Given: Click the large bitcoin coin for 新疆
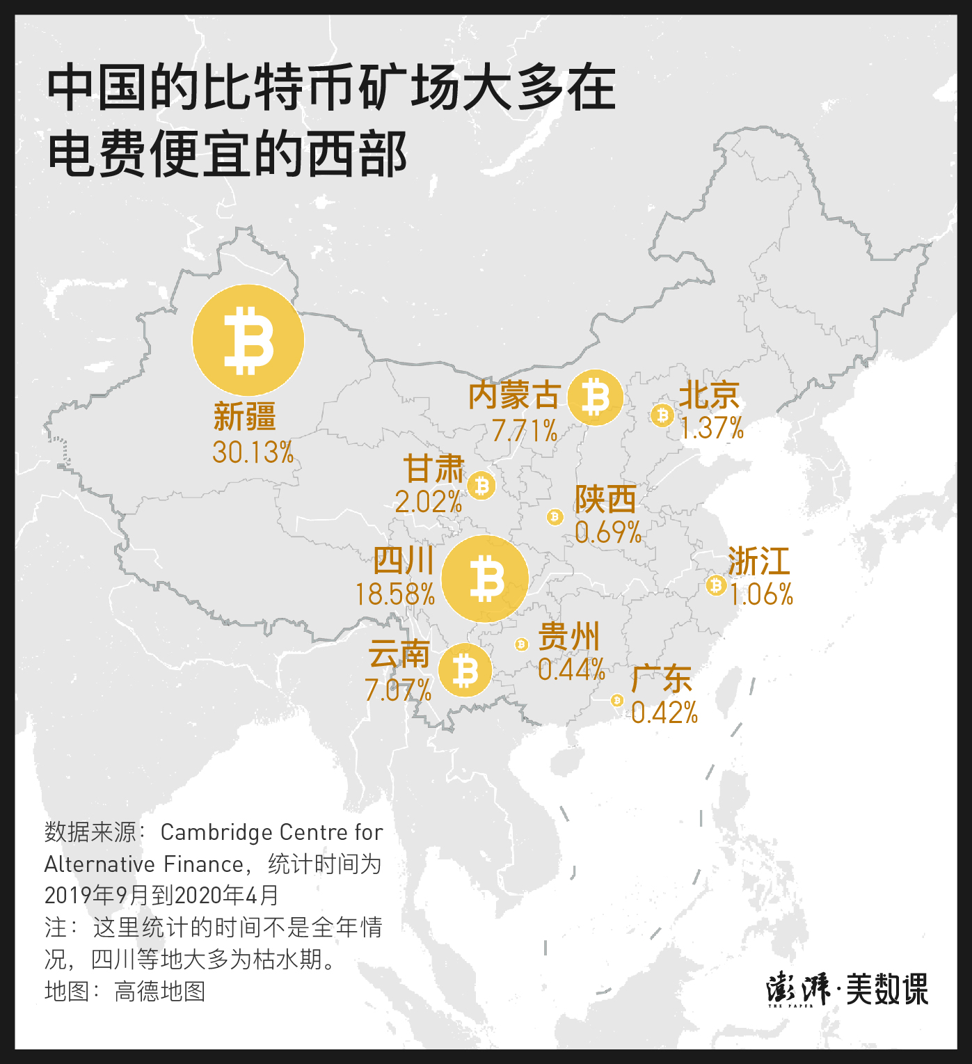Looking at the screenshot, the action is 248,340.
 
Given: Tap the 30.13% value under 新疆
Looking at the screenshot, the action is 253,452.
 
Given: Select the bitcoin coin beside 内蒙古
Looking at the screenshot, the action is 595,397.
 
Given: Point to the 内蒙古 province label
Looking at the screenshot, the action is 513,396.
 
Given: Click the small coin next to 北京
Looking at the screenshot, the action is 662,415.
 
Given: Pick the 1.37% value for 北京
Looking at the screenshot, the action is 712,428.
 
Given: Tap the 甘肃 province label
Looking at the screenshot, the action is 433,468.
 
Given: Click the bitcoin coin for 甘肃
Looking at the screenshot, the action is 481,486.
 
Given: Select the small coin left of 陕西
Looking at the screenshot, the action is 555,516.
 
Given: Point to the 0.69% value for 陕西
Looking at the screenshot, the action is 608,532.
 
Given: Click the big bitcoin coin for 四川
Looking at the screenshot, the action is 485,579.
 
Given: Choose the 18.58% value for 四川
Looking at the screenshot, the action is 395,594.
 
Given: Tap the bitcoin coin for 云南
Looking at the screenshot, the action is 465,671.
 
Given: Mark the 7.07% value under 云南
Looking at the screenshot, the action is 398,690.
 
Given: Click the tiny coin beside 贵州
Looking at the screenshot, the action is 522,644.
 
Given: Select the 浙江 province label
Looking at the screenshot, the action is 759,561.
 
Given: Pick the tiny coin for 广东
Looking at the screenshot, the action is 616,700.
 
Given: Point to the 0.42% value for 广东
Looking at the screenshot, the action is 664,713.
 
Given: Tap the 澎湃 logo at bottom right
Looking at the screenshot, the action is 799,988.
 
